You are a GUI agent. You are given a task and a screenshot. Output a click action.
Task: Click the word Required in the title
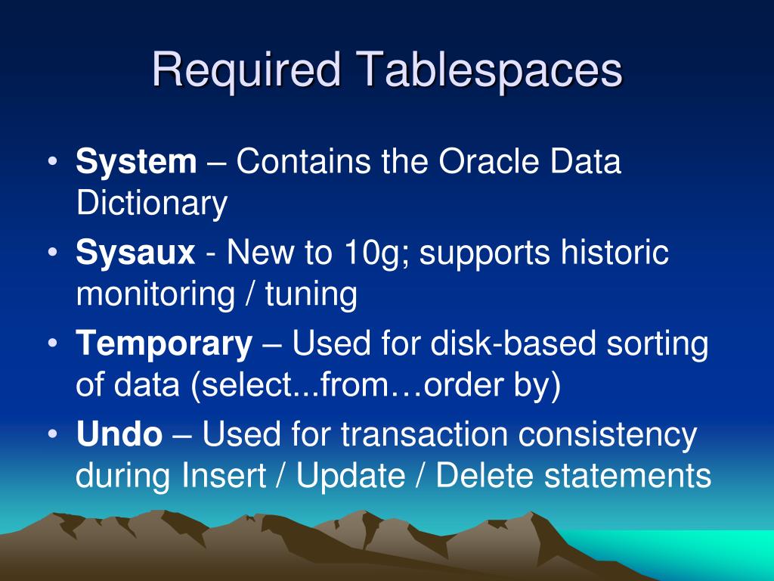pos(246,70)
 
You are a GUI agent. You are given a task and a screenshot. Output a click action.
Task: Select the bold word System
pos(136,162)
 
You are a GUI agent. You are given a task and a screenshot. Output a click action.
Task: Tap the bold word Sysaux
pos(135,253)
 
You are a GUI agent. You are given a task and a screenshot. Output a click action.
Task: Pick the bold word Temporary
pos(164,344)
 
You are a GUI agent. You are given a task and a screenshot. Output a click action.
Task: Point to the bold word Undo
pos(119,435)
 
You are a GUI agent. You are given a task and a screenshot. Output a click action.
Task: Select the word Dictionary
pos(151,204)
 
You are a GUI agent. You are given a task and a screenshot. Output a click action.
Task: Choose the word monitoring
pos(155,294)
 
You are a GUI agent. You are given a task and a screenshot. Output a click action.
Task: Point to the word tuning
pos(311,294)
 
